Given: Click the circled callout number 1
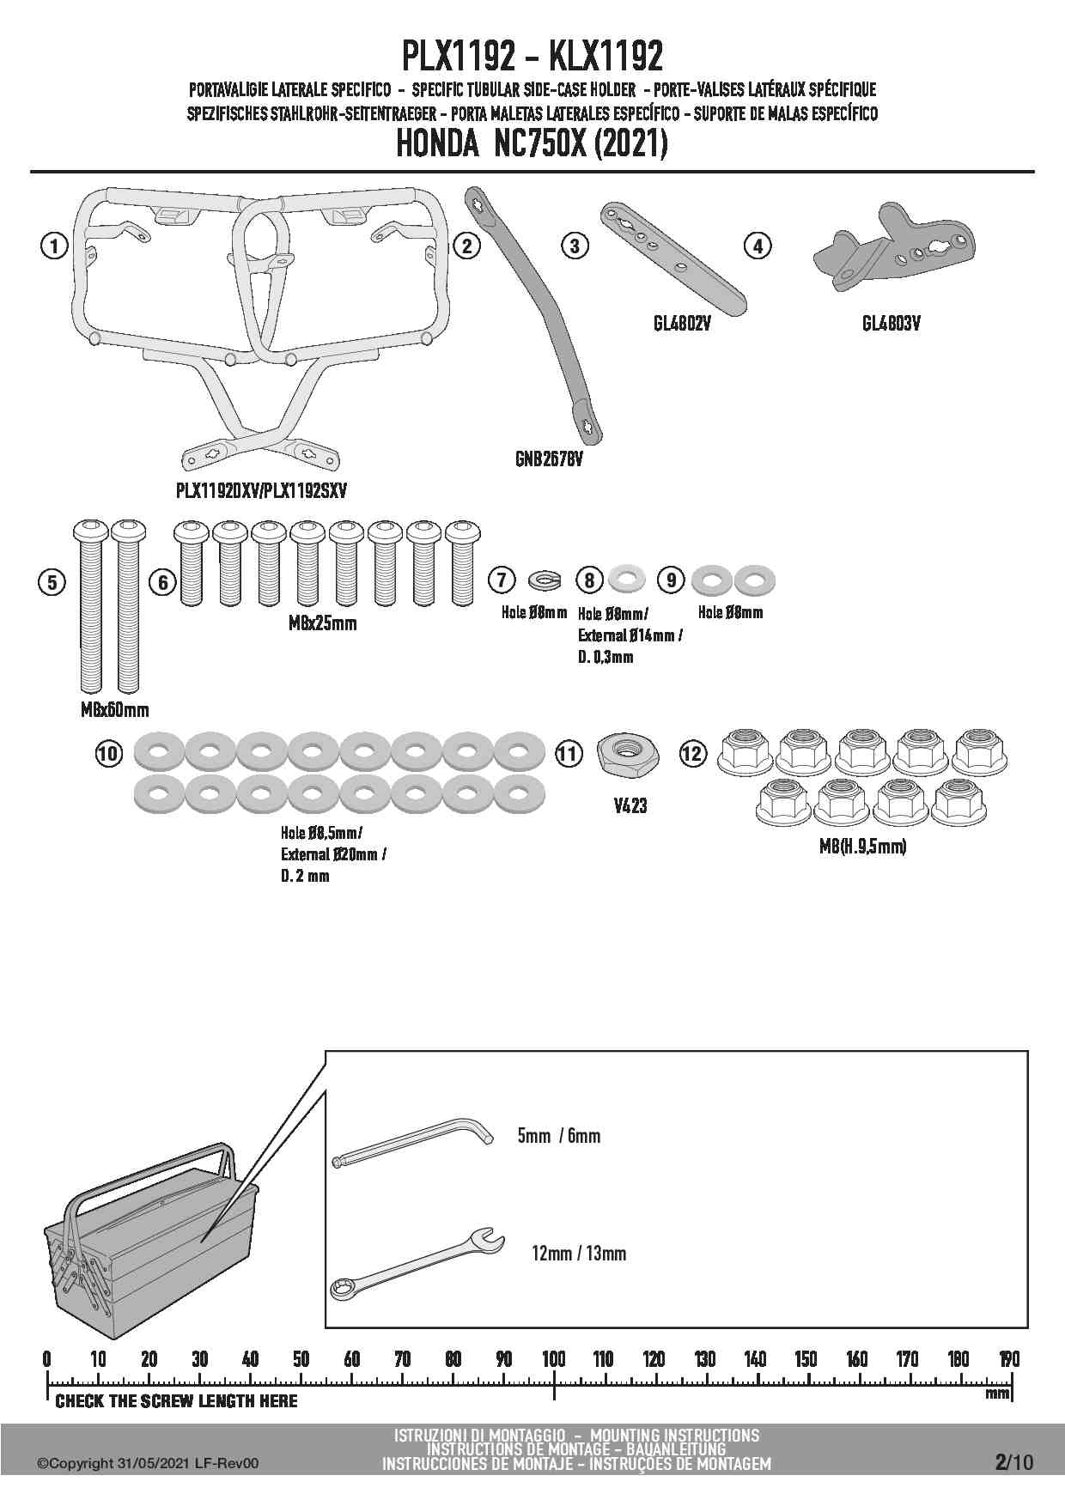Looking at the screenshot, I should (x=54, y=246).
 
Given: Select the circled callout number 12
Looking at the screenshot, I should (x=692, y=754).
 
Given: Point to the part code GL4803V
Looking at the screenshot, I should (x=891, y=324).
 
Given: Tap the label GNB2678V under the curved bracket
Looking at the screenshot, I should (x=549, y=459).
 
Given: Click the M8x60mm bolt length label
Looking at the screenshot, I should (x=114, y=709).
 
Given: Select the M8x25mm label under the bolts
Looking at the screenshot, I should (x=322, y=622).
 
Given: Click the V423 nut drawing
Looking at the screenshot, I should (x=625, y=754).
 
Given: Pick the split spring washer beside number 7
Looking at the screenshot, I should (x=545, y=581).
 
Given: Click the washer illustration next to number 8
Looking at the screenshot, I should (x=627, y=580).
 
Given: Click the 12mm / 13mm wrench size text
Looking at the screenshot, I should (x=579, y=1254).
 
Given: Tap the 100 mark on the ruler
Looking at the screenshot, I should (x=554, y=1359).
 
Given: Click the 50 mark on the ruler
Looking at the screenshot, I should (x=301, y=1359).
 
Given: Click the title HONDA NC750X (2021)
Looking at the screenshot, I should (x=532, y=144).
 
